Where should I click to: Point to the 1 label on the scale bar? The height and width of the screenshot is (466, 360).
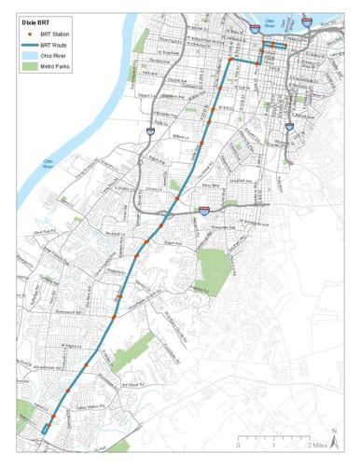(272, 445)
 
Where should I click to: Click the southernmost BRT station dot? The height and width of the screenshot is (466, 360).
(44, 428)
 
